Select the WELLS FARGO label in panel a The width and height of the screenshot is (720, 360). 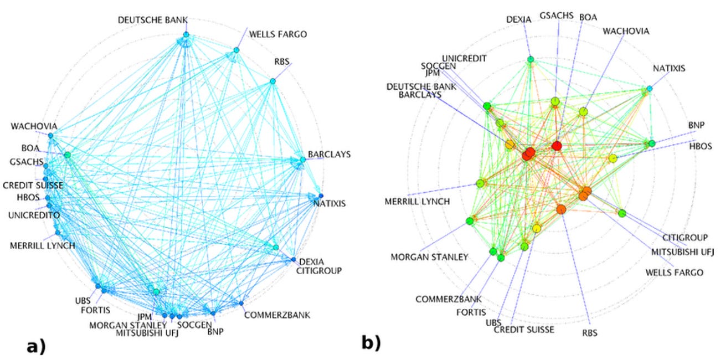point(277,34)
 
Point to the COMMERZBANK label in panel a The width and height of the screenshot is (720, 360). point(277,315)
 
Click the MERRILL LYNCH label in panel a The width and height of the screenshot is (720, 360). point(42,245)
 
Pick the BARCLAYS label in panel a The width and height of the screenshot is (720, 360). point(329,155)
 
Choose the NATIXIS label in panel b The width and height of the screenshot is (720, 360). point(668,69)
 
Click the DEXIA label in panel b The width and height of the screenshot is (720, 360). point(518,19)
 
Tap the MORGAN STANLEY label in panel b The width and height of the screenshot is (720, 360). point(429,257)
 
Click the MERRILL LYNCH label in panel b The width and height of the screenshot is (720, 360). point(417,201)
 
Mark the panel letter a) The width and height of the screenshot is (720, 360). point(37,347)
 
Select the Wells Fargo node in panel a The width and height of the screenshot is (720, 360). point(236,50)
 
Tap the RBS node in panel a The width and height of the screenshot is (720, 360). point(272,81)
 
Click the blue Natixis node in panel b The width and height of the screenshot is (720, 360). point(650,89)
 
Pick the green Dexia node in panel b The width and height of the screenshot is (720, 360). point(531,59)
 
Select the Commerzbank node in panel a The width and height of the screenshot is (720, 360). point(241,303)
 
